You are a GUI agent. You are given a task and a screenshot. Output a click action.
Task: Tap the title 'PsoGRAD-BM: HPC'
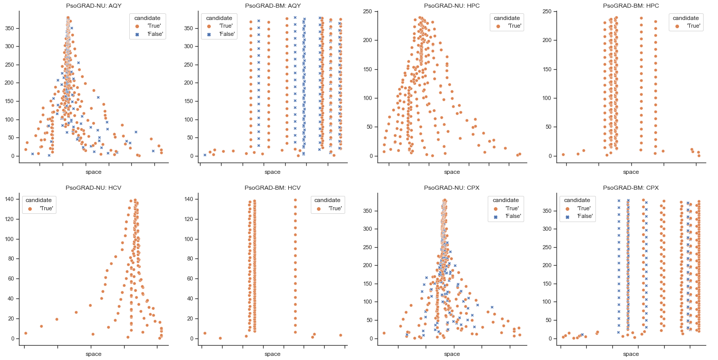point(631,5)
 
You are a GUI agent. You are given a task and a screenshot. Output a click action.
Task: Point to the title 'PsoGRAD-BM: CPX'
point(631,188)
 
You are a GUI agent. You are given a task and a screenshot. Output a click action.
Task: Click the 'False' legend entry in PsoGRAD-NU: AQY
point(152,34)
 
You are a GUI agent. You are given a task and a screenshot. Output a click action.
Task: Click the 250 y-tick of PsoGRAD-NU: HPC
point(369,11)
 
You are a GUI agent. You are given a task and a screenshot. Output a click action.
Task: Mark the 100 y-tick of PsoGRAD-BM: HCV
point(189,238)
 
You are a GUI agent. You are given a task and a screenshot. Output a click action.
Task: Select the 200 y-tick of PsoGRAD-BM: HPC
point(548,40)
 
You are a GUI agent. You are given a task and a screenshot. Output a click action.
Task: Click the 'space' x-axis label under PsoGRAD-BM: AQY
point(272,172)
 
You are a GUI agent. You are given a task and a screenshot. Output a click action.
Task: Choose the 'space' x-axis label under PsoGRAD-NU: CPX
point(452,354)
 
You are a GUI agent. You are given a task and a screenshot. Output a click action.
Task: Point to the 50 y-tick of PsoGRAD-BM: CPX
point(549,320)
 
